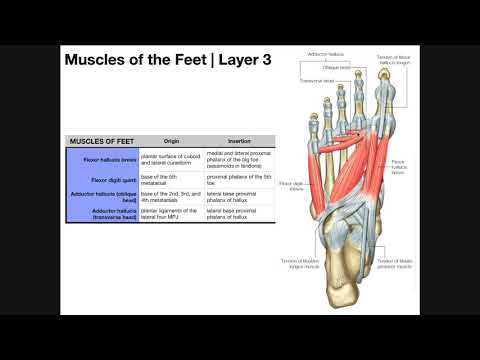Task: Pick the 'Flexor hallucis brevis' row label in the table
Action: point(110,159)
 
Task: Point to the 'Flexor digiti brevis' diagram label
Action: point(291,186)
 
